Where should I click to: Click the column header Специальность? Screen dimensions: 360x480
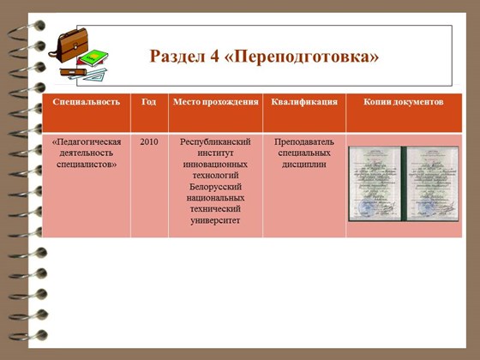coord(86,102)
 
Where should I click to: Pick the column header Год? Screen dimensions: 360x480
coord(149,102)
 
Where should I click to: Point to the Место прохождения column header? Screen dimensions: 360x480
coord(215,102)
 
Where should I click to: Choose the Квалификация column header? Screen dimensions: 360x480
coord(304,102)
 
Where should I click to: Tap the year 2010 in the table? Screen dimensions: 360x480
coord(149,141)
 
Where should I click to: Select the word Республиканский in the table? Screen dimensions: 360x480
coord(215,141)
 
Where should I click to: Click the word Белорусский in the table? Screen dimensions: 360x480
coord(215,186)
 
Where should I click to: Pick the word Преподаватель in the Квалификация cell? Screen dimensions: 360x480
coord(304,141)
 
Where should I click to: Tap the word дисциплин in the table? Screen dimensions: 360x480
coord(304,164)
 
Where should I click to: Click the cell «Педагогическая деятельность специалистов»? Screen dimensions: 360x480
coord(86,153)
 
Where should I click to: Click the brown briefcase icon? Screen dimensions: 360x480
coord(68,44)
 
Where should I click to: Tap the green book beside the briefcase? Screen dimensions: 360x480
coord(96,59)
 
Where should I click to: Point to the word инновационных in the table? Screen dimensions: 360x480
coord(215,164)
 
